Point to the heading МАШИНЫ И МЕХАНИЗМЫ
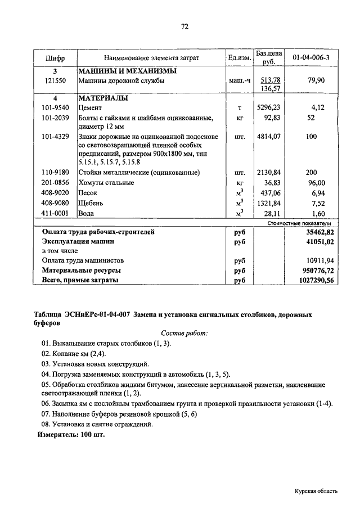(x=127, y=71)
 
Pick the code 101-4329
(x=55, y=137)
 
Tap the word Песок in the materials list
(x=88, y=192)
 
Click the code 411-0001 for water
(x=55, y=213)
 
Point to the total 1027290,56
(x=317, y=280)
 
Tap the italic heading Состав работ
(x=184, y=333)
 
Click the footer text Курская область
(x=316, y=490)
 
